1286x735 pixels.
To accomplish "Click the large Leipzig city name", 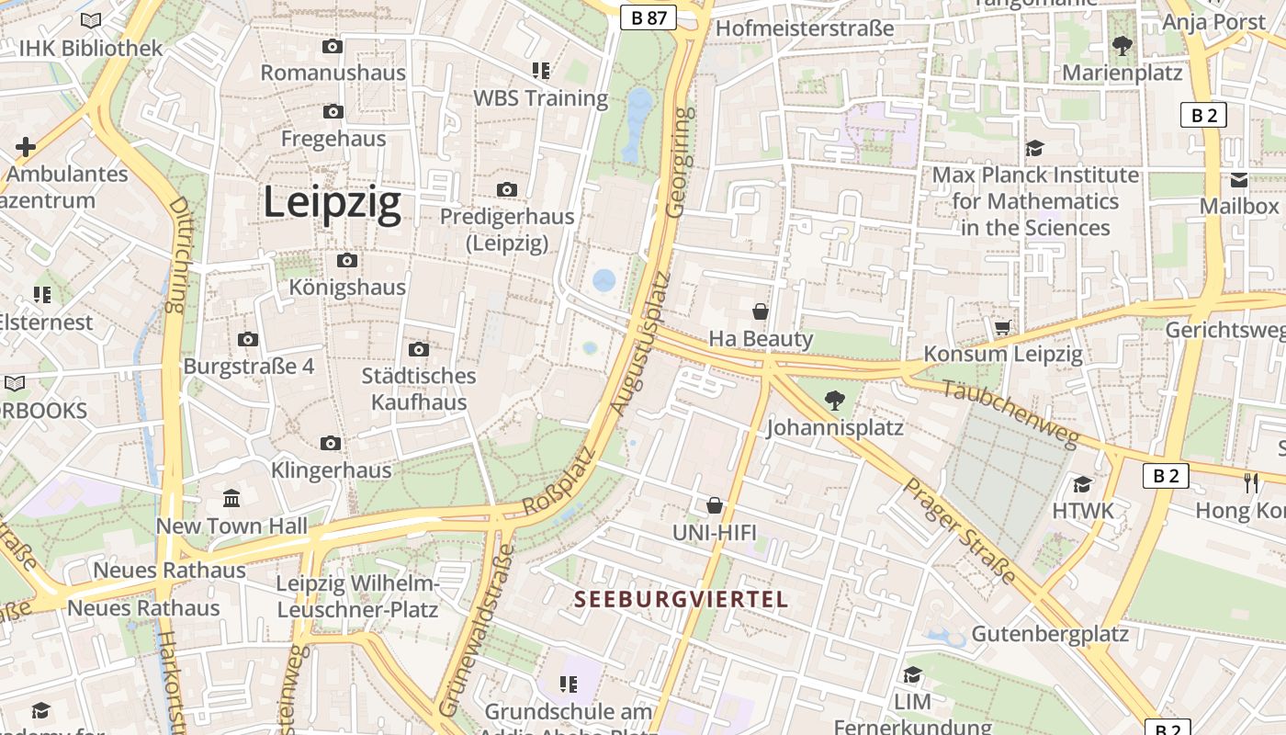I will coord(333,202).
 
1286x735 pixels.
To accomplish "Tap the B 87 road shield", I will coord(648,17).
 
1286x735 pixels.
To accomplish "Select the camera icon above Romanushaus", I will coord(333,46).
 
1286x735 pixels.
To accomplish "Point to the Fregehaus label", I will coord(333,139).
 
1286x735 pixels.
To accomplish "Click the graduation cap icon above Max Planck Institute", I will coord(1035,148).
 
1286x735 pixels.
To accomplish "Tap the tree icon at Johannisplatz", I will coord(834,400).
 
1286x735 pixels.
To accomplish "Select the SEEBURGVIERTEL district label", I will coord(681,600).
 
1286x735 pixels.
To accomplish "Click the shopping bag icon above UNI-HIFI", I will coord(715,505).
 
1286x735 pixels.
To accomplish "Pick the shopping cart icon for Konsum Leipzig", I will coord(1003,327).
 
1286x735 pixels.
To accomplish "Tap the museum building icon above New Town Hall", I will coord(231,499).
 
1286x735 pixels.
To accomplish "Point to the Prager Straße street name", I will coord(959,530).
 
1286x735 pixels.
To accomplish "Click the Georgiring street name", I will coord(678,163).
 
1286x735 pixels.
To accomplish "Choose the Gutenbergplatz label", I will coord(1050,634).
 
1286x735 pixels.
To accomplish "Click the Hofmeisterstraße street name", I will coord(804,28).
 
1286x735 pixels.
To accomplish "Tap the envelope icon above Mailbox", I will coord(1239,180).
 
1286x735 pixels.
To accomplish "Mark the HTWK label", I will coord(1083,511).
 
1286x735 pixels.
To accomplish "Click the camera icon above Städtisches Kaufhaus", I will coord(419,349).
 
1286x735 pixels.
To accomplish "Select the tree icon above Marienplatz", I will coord(1122,45).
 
